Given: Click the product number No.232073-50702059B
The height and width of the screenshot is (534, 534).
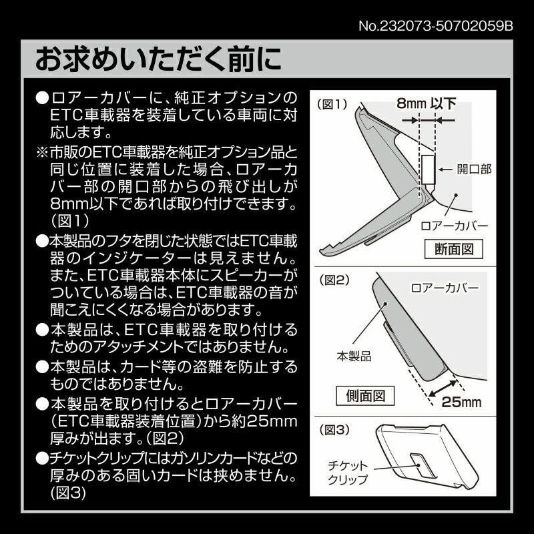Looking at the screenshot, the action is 436,26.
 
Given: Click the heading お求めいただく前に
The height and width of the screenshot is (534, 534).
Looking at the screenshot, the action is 158,59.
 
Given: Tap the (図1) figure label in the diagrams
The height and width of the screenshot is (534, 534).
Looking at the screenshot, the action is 332,104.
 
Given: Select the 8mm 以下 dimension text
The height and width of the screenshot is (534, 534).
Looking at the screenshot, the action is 426,103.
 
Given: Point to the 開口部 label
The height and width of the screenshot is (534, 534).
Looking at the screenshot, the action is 474,169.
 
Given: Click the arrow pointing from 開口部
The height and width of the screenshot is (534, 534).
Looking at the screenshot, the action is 445,170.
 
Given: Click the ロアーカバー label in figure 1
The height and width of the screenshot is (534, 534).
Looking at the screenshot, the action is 455,226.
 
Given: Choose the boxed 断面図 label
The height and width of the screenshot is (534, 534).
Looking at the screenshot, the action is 454,249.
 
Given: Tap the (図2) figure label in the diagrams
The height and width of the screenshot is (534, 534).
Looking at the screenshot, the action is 334,280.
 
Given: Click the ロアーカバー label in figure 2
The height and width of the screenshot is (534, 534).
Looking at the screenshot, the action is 445,288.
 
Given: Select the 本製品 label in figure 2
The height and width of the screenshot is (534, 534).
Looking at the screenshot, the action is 354,356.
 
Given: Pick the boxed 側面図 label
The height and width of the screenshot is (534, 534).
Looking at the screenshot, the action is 365,396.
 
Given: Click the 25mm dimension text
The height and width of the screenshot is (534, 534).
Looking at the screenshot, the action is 461,403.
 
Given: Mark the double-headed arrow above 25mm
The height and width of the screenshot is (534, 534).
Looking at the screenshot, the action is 443,388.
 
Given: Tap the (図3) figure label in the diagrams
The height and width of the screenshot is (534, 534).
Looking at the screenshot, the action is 334,430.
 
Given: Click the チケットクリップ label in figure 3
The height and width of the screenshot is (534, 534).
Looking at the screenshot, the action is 348,472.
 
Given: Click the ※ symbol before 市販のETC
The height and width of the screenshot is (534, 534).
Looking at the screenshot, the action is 42,152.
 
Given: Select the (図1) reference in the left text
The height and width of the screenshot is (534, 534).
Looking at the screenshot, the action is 70,222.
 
